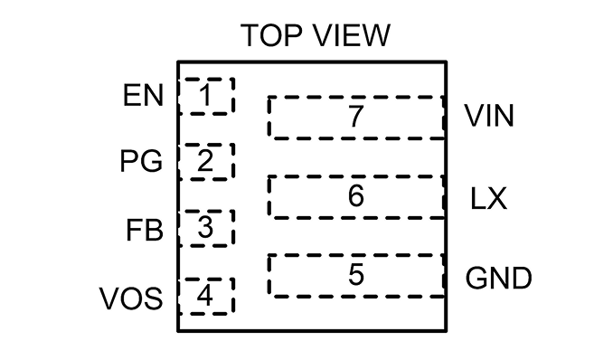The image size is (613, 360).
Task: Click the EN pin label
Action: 143,95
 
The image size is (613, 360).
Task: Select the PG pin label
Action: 141,161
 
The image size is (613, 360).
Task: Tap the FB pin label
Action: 145,230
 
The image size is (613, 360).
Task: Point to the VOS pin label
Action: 131,298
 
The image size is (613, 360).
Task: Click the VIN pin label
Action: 488,116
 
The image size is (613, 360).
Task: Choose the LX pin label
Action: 488,199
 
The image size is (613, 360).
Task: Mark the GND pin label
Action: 498,279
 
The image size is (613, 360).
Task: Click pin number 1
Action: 205,95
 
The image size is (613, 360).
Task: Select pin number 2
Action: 205,161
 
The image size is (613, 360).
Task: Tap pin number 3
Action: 205,227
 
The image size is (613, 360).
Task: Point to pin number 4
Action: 205,295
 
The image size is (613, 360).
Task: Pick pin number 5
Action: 356,274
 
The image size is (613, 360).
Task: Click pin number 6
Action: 356,195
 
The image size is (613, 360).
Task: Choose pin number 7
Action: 356,116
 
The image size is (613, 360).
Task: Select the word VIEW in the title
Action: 353,35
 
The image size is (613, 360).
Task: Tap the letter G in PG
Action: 151,161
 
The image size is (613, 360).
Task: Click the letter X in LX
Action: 496,199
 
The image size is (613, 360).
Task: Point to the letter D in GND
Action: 522,279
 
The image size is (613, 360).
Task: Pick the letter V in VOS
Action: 109,298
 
